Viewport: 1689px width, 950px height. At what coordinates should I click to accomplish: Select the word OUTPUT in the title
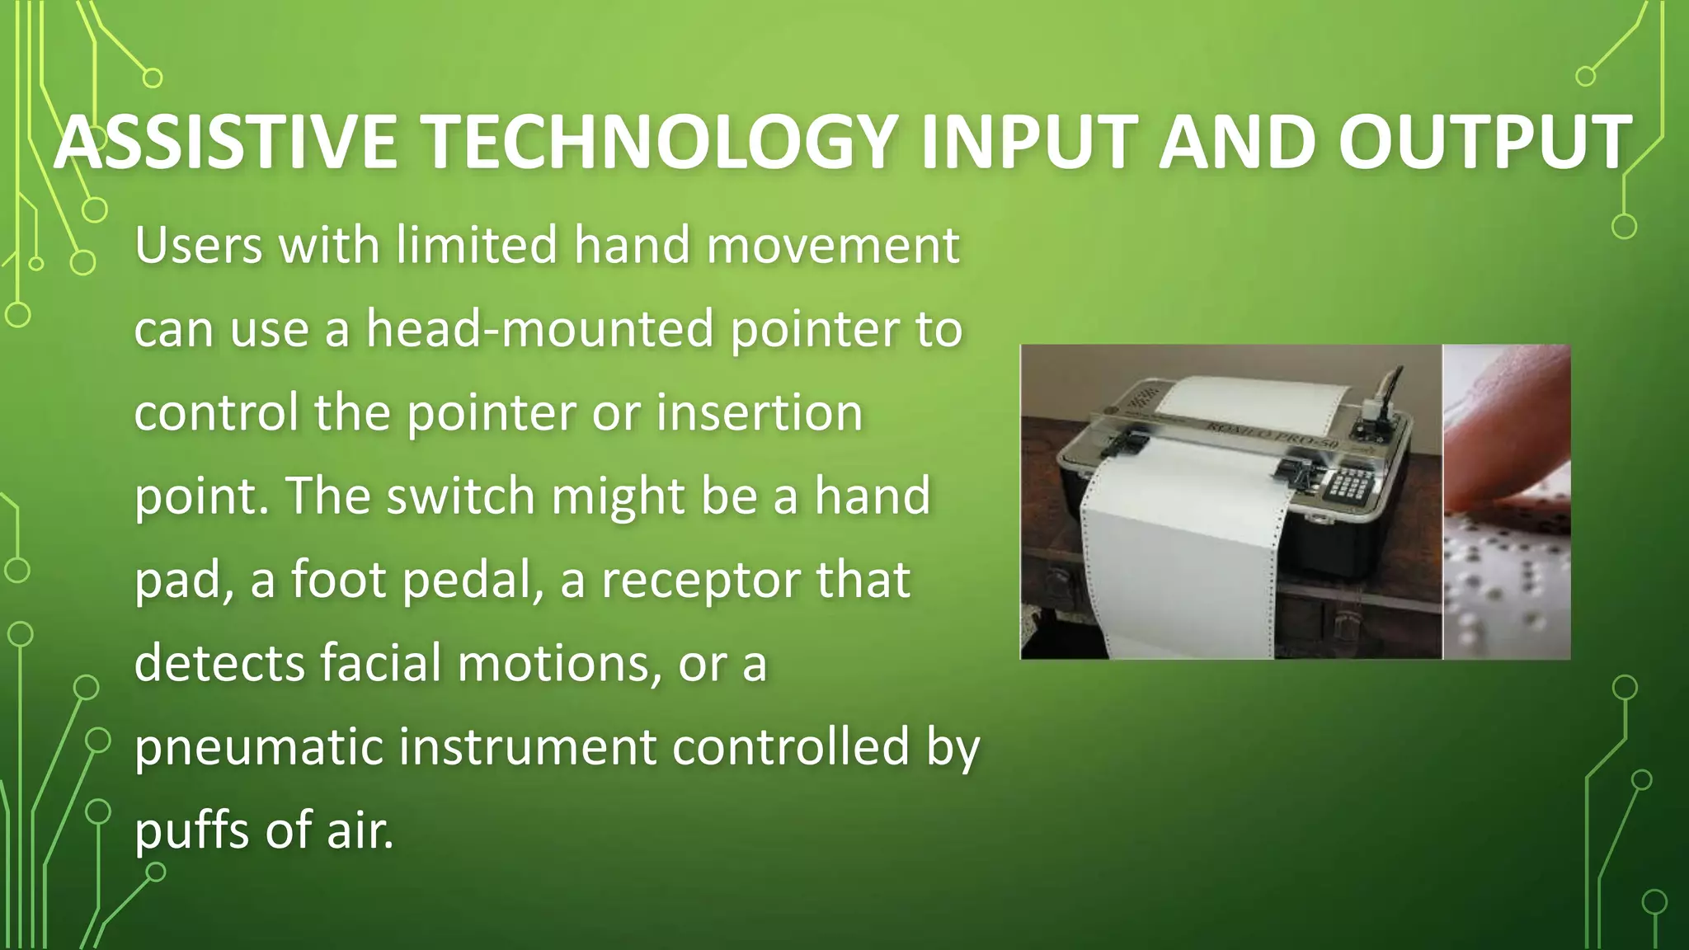1484,143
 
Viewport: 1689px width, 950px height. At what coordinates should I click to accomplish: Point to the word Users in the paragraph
199,246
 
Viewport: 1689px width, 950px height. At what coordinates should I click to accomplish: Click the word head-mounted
539,329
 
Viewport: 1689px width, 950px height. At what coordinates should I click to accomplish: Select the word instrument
528,746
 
